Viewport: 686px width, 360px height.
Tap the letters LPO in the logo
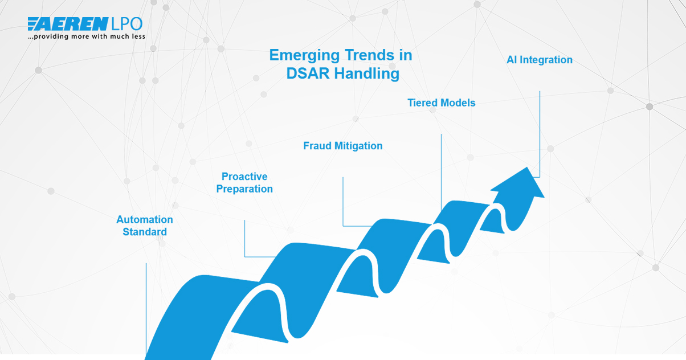pos(126,24)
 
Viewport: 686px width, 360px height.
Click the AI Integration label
pos(539,60)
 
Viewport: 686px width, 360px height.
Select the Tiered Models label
pos(441,103)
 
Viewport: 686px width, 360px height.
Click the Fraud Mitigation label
pos(342,146)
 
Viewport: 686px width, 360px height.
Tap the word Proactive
pos(244,177)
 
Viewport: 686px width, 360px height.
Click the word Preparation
pos(244,189)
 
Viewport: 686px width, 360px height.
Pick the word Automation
pos(145,220)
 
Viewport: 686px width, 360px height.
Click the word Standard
pos(145,232)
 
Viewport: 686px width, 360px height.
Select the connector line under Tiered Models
pos(442,171)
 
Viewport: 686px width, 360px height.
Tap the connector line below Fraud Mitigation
pos(343,202)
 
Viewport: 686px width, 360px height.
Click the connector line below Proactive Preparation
pos(244,239)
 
